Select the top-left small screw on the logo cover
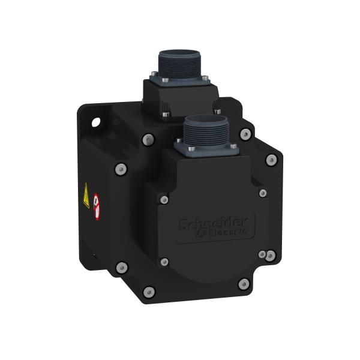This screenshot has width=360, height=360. coord(163,197)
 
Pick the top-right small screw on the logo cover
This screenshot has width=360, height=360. coord(263,193)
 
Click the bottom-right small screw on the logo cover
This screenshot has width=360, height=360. coord(262,256)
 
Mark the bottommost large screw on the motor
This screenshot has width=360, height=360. coord(149,292)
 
